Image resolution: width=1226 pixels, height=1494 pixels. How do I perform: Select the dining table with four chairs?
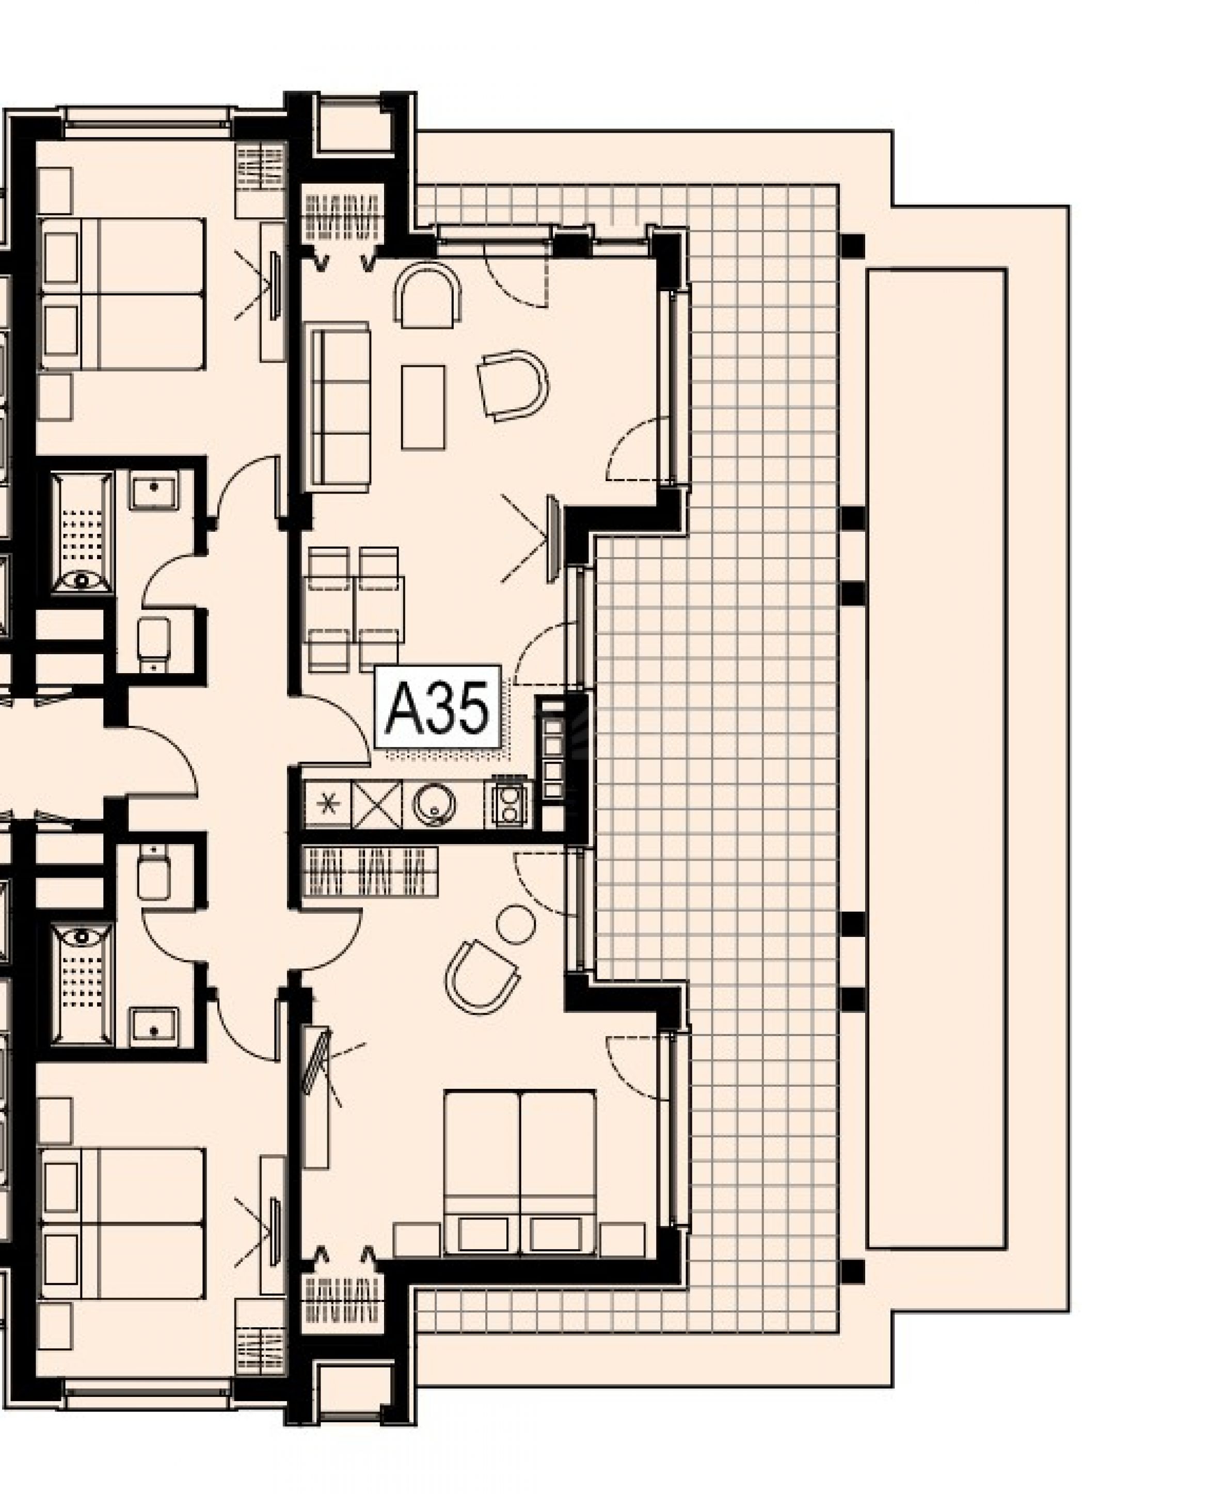(x=355, y=609)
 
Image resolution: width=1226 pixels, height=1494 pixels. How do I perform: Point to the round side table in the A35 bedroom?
(x=516, y=925)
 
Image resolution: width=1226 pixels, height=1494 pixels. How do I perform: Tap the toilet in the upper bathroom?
(x=153, y=644)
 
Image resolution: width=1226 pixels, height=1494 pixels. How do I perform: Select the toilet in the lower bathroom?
(x=153, y=873)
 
